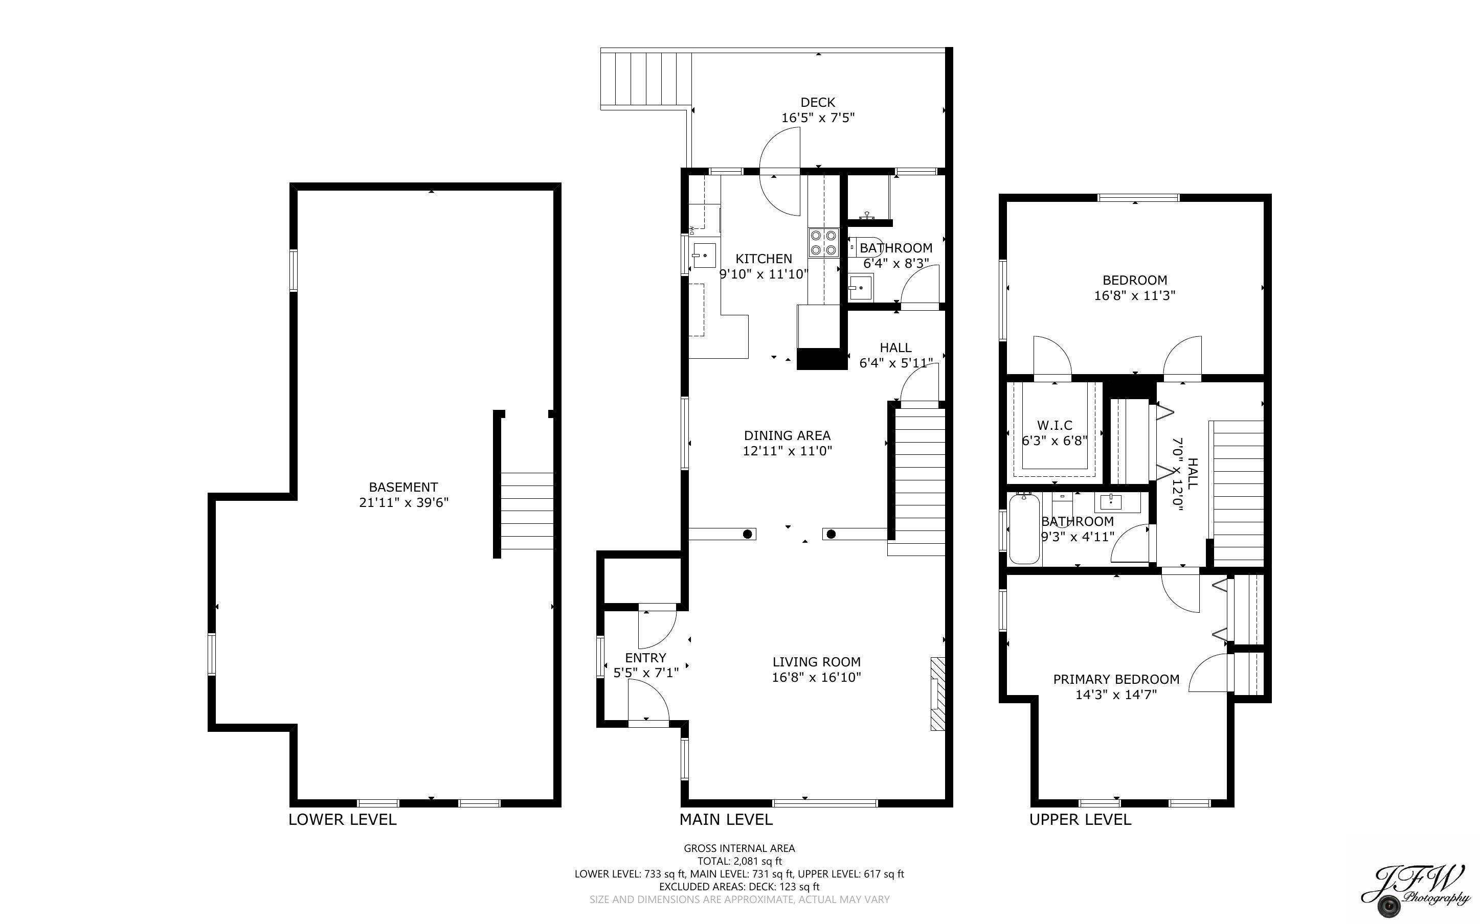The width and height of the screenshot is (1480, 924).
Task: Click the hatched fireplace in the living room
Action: coord(938,694)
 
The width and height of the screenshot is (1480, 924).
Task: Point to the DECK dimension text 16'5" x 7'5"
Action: coord(817,118)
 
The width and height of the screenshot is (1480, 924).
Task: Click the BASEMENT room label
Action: coord(403,487)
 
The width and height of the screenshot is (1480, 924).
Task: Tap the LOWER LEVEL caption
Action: coord(342,820)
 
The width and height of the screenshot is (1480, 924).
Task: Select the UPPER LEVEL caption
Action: coord(1080,820)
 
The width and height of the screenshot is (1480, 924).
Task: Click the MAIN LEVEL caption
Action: coord(726,820)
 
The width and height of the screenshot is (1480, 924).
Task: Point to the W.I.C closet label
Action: coord(1055,425)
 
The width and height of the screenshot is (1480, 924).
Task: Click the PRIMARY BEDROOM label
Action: coord(1116,679)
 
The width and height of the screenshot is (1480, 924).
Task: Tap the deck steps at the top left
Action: coord(646,79)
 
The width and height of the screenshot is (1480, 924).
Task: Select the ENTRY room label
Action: coord(645,658)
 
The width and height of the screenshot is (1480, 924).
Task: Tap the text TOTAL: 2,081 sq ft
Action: coord(739,861)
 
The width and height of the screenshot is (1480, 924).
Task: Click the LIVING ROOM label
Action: coord(816,661)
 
